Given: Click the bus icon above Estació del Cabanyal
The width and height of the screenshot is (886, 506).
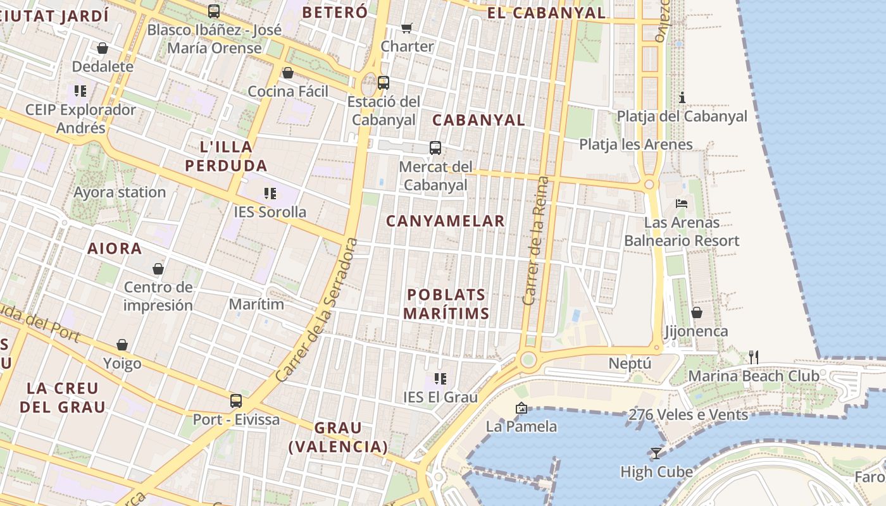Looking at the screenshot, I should coord(383,82).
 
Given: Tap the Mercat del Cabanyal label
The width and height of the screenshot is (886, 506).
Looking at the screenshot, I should coord(435,176).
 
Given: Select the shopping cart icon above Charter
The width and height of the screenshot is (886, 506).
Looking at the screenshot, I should coord(407,28).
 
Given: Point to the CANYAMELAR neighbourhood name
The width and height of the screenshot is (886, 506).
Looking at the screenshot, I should coord(446,221).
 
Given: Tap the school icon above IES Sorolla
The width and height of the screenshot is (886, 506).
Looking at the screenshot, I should coord(270,193).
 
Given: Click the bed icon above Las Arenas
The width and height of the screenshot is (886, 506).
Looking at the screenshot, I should coord(682,204).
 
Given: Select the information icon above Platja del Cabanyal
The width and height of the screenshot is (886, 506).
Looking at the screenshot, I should coord(682,97).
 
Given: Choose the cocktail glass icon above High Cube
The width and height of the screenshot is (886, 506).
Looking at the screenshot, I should coord(656,453).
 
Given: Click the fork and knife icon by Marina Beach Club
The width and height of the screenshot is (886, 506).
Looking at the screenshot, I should coord(753,357).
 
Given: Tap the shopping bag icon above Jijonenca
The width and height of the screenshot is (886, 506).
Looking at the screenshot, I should coord(696,312).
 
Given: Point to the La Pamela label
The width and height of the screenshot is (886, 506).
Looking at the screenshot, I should coord(521,426).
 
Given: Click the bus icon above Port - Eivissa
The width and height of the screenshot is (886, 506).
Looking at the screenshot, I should coord(236,400).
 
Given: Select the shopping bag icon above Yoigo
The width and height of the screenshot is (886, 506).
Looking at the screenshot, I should coord(122,345).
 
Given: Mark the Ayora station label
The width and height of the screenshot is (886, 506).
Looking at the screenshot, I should coord(120,192).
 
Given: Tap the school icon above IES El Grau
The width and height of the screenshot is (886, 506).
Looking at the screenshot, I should coord(440,379).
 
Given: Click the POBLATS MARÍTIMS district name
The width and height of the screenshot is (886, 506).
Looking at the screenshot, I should coord(446,304).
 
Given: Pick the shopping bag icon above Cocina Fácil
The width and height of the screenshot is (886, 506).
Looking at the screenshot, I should coord(288,73).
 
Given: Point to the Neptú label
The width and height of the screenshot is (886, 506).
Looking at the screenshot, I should coord(630,364).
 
